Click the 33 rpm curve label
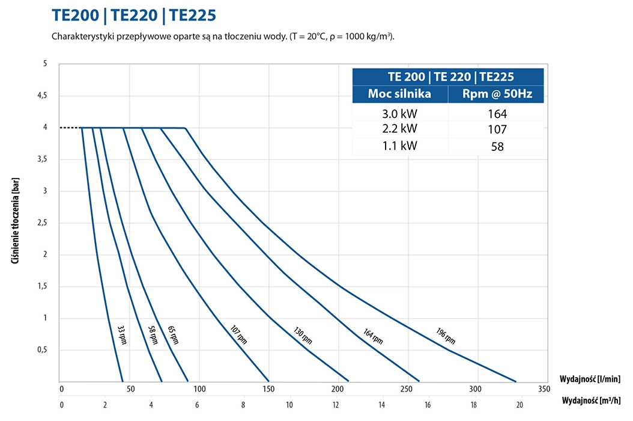click(x=122, y=334)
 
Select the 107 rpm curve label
click(x=238, y=334)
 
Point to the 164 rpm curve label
click(x=373, y=336)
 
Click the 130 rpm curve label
click(x=303, y=336)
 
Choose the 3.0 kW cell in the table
click(x=399, y=114)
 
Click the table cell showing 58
click(x=497, y=146)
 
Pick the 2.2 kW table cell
click(x=399, y=129)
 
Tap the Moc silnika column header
click(x=399, y=94)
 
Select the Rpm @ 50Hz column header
click(x=497, y=94)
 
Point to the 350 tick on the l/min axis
click(x=544, y=389)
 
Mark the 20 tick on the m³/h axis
click(x=519, y=405)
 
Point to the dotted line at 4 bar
click(x=69, y=128)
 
